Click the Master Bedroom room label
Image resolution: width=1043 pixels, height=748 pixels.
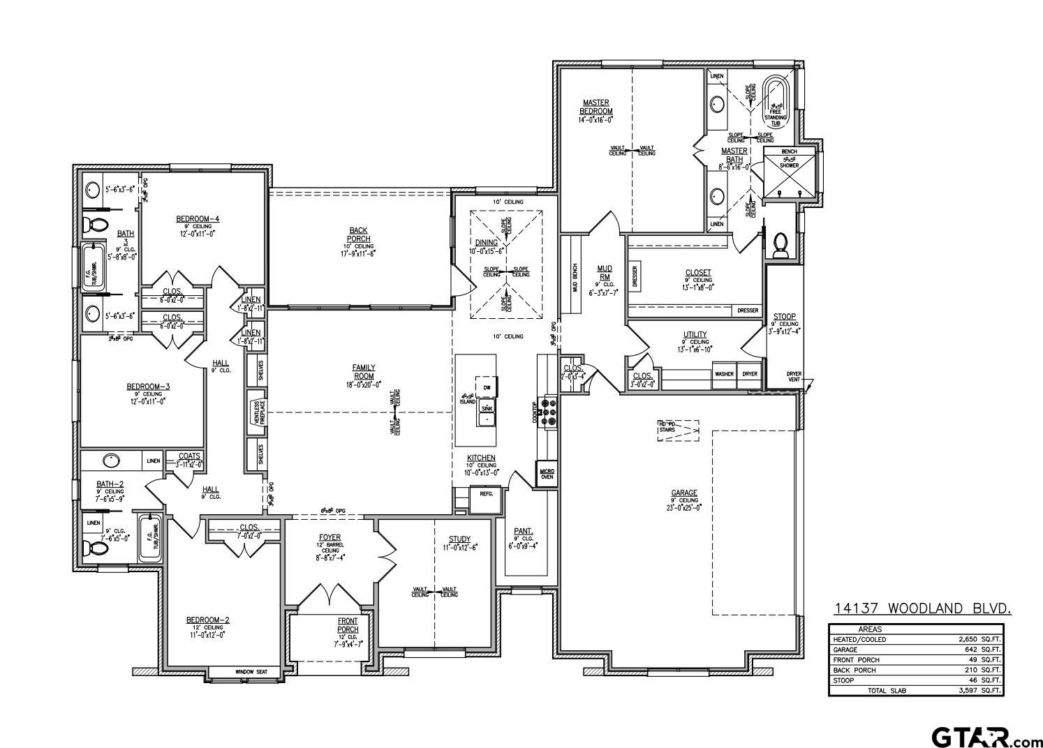coord(596,107)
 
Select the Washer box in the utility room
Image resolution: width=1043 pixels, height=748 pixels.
coord(724,374)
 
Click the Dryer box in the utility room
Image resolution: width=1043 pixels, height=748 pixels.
coord(750,374)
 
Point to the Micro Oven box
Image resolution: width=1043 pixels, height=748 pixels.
coord(547,474)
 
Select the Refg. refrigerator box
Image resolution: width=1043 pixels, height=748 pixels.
coord(485,493)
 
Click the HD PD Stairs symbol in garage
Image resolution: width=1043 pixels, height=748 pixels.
coord(677,430)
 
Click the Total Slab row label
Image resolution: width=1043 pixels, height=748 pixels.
coord(887,691)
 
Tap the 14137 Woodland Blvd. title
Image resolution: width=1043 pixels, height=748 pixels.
coord(922,609)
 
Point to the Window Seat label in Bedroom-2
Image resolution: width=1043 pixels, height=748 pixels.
coord(251,671)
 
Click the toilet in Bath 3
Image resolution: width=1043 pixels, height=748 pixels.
coord(94,225)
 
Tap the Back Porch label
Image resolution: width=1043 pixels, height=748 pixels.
coord(359,234)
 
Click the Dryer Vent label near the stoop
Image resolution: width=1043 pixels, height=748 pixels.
coord(793,376)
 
